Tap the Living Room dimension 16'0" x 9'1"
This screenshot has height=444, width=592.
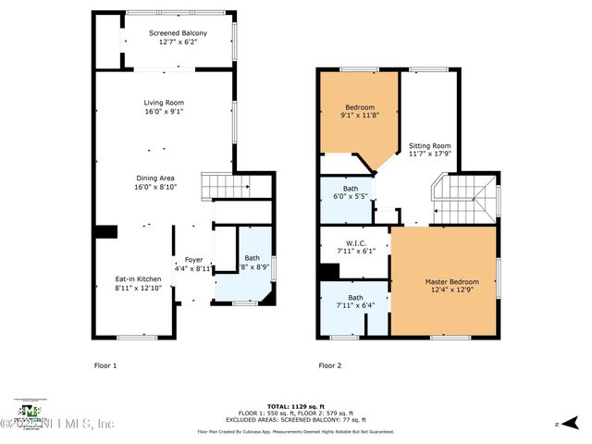tap(164, 112)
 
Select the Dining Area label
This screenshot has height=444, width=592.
tap(154, 178)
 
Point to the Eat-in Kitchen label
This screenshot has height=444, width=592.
tap(138, 278)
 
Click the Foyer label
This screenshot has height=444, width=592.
tap(193, 260)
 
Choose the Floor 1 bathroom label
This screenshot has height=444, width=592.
tap(252, 258)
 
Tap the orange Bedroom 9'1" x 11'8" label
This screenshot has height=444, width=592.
tap(360, 107)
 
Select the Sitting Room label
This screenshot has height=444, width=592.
tap(430, 145)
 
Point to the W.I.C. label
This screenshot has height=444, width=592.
tap(355, 244)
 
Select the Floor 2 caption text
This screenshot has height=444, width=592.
tap(330, 365)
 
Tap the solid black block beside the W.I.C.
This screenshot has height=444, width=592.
tap(327, 273)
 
